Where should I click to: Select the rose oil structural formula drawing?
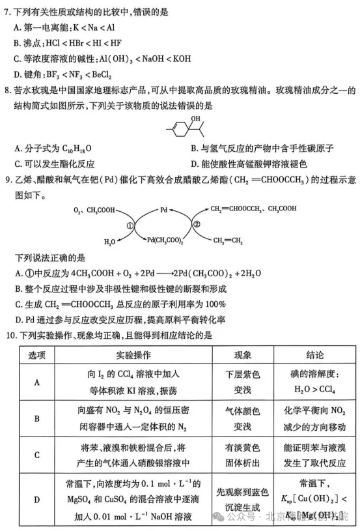pos(185,125)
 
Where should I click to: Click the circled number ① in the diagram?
pos(130,225)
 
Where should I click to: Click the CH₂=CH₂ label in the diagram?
pos(228,240)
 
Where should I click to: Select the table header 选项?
pos(36,355)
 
